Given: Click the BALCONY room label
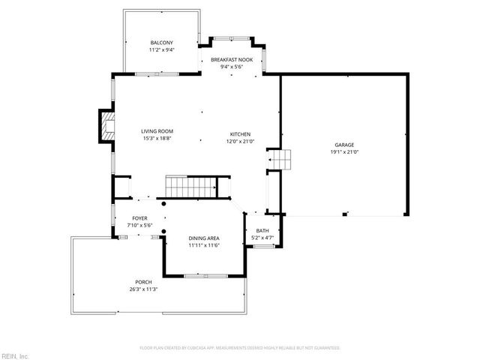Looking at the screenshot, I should pyautogui.click(x=161, y=43).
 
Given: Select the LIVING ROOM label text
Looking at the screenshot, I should pyautogui.click(x=157, y=132).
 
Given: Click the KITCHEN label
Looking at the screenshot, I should pyautogui.click(x=240, y=134).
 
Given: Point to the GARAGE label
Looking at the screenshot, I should pyautogui.click(x=344, y=145).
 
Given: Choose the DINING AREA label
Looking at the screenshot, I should pyautogui.click(x=203, y=238).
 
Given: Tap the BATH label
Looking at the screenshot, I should pyautogui.click(x=262, y=231).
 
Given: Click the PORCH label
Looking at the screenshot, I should pyautogui.click(x=143, y=282).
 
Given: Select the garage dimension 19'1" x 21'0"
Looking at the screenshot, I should pyautogui.click(x=344, y=151).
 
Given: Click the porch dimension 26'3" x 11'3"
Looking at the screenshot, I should pyautogui.click(x=143, y=289).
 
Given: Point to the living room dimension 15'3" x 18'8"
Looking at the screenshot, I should pyautogui.click(x=157, y=139).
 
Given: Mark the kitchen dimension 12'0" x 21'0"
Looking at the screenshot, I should pyautogui.click(x=240, y=141).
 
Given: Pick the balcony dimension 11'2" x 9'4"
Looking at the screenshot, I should pyautogui.click(x=161, y=49).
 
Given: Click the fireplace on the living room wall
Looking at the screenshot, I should pyautogui.click(x=106, y=127).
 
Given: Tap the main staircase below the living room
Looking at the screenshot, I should pyautogui.click(x=189, y=186).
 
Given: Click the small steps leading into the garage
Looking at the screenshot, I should pyautogui.click(x=280, y=159).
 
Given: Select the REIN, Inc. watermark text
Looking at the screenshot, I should pyautogui.click(x=15, y=355).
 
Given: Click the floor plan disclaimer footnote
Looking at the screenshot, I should pyautogui.click(x=240, y=348).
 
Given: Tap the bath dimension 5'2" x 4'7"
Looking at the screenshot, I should pyautogui.click(x=262, y=238).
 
